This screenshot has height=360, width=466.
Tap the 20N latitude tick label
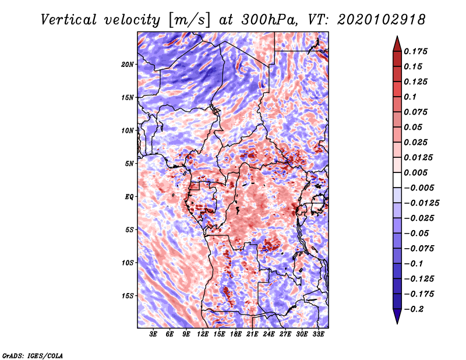pyautogui.click(x=128, y=64)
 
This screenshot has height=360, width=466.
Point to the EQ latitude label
pyautogui.click(x=129, y=197)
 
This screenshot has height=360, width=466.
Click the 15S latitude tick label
pyautogui.click(x=128, y=296)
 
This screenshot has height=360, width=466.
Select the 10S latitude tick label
pyautogui.click(x=128, y=263)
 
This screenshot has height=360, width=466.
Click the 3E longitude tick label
pyautogui.click(x=154, y=334)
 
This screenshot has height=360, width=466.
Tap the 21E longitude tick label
pyautogui.click(x=252, y=334)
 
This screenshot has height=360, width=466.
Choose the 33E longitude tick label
pyautogui.click(x=318, y=334)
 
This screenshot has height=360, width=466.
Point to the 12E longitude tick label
pyautogui.click(x=203, y=334)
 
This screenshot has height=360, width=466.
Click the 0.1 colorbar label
pyautogui.click(x=411, y=97)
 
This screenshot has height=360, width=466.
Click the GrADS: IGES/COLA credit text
pyautogui.click(x=32, y=355)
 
